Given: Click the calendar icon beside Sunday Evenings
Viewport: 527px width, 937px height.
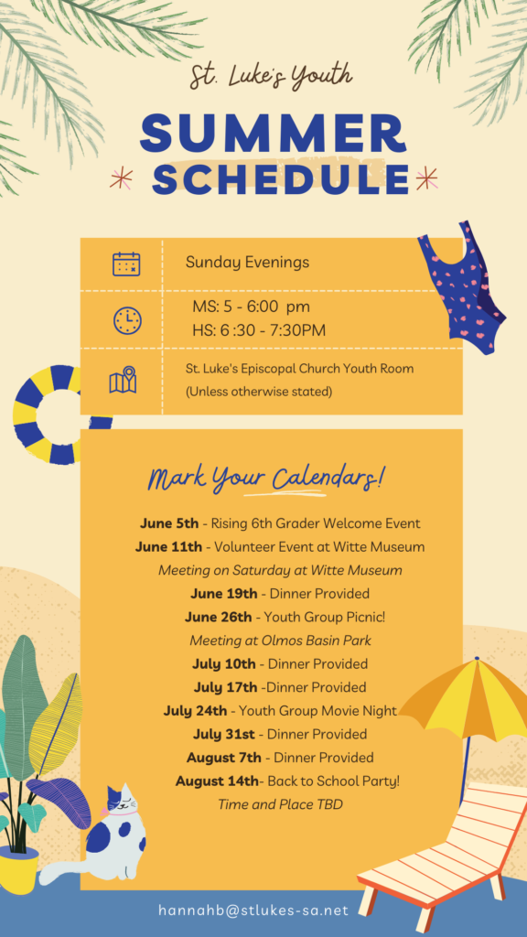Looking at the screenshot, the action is pyautogui.click(x=126, y=264).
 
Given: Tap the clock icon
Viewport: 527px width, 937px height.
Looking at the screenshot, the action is pyautogui.click(x=127, y=321).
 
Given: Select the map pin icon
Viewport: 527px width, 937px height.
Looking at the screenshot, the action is pyautogui.click(x=124, y=380).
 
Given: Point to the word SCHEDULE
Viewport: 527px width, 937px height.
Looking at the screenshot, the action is pyautogui.click(x=281, y=178).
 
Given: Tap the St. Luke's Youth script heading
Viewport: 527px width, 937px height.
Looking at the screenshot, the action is pyautogui.click(x=271, y=78).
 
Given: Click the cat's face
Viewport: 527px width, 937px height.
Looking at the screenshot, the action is pyautogui.click(x=122, y=802).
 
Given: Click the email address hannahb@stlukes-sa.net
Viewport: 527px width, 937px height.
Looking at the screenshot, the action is pyautogui.click(x=253, y=910).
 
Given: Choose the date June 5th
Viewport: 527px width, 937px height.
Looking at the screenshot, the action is pyautogui.click(x=169, y=523).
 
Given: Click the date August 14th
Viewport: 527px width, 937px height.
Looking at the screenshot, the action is pyautogui.click(x=218, y=781).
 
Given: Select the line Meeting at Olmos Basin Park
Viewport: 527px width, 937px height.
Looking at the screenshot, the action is pyautogui.click(x=280, y=641).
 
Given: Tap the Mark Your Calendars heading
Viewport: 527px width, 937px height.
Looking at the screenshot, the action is pyautogui.click(x=266, y=478).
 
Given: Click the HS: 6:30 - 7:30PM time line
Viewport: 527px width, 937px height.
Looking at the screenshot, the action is pyautogui.click(x=259, y=330).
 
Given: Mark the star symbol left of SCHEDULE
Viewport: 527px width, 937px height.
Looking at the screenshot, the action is pyautogui.click(x=122, y=178).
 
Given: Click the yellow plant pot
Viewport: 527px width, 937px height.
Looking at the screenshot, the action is pyautogui.click(x=19, y=871).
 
